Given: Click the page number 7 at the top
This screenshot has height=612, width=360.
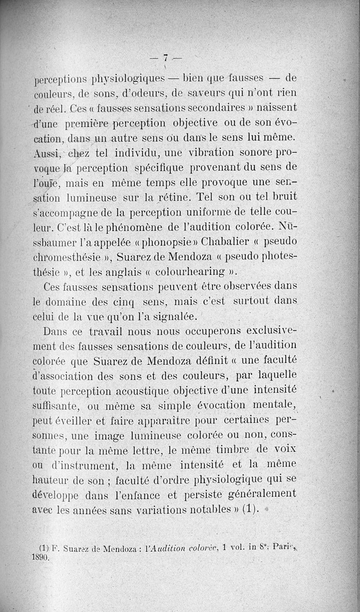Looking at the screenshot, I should (166, 57).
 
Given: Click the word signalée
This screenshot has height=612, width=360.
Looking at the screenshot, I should (173, 316).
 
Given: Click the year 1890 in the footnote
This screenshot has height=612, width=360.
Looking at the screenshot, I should (41, 557).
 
